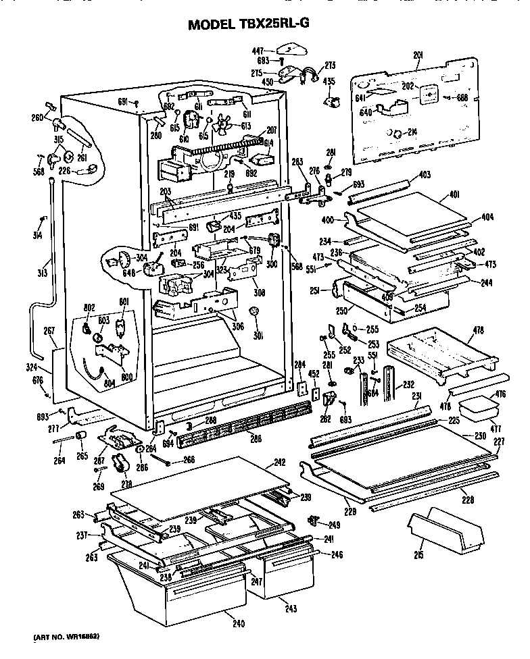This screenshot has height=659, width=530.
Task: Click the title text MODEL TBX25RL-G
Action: [x=258, y=24]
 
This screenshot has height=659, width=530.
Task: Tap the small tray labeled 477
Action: [x=477, y=410]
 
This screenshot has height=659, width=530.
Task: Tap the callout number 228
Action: [x=467, y=500]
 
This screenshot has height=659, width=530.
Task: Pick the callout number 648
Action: [x=109, y=273]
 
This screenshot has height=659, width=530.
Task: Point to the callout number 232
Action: [x=408, y=384]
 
